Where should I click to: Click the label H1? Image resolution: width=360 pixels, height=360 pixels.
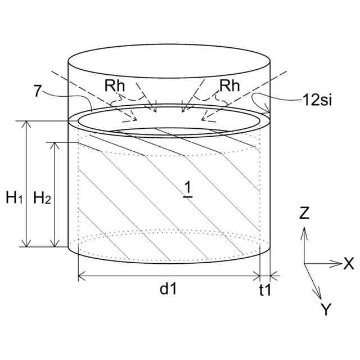click(14, 197)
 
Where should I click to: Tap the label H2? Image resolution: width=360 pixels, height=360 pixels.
click(42, 197)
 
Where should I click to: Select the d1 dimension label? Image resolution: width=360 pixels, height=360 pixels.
click(168, 289)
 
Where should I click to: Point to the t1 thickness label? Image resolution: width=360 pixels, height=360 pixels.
click(265, 290)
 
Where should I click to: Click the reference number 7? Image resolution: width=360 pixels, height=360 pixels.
click(38, 91)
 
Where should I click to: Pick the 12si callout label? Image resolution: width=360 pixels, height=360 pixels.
click(317, 100)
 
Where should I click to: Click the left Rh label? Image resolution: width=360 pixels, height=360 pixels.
click(115, 85)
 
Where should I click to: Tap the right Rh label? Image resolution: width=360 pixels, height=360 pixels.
click(229, 85)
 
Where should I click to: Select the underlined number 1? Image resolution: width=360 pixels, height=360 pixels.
click(188, 190)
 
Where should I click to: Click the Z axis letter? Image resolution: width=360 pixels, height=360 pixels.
click(304, 213)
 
